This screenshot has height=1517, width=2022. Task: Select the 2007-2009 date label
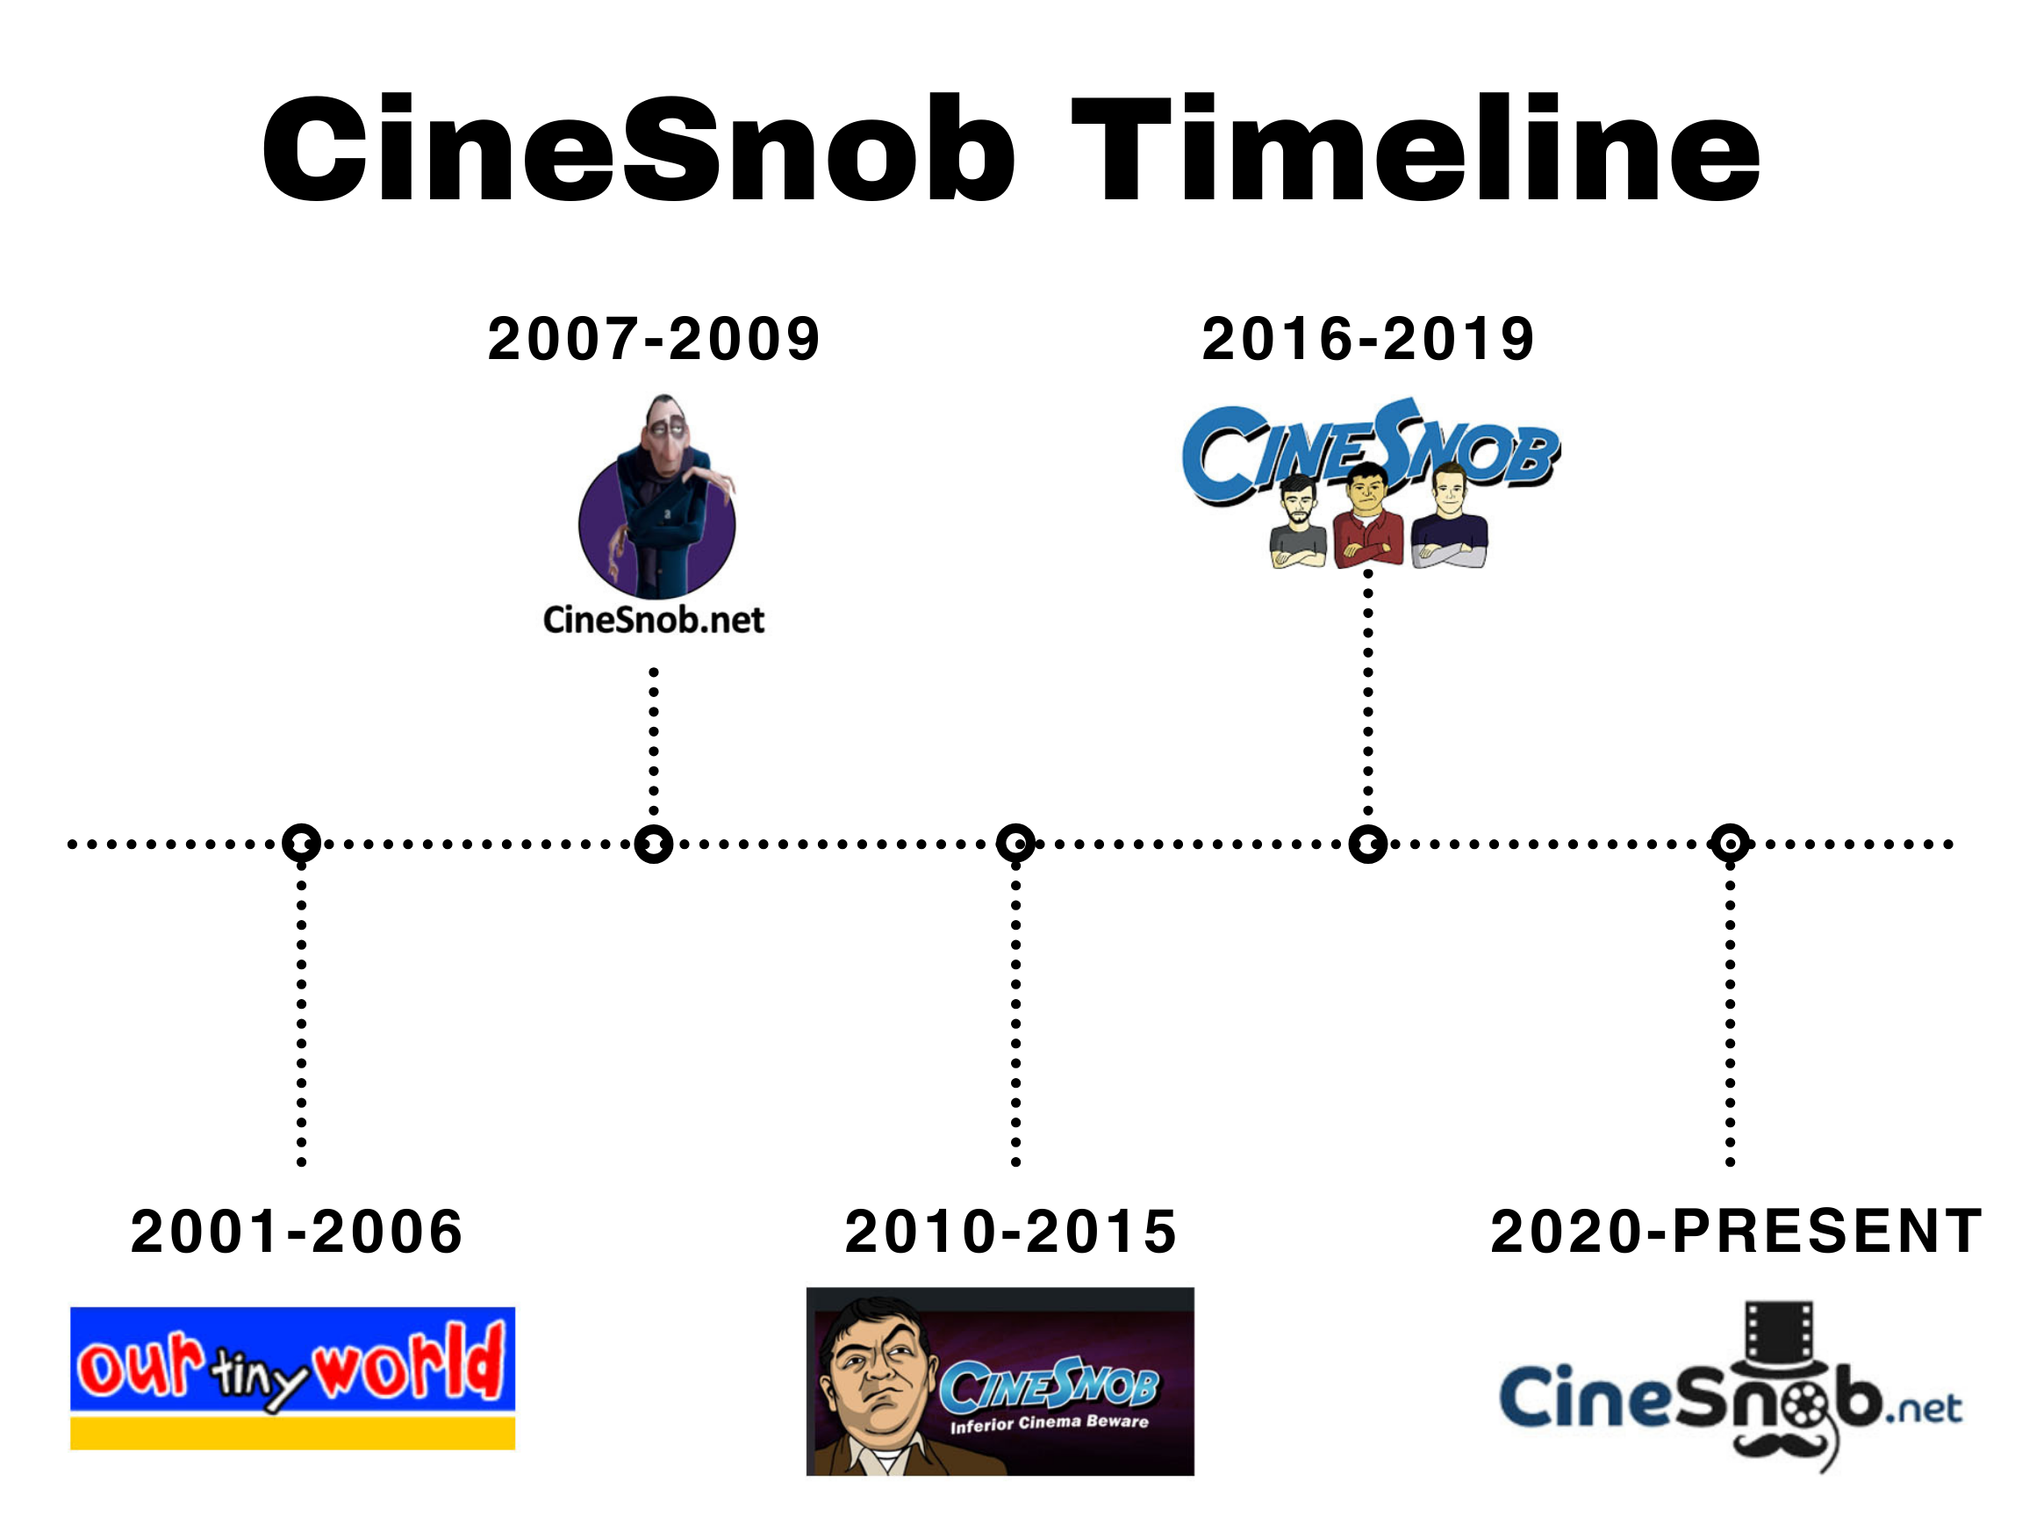(654, 338)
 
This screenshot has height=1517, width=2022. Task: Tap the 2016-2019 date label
(1367, 338)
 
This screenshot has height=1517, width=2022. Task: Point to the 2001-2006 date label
(298, 1231)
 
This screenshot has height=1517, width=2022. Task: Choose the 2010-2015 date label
(1011, 1231)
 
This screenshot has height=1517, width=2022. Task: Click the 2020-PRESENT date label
(1736, 1231)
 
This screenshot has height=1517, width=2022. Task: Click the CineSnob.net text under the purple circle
(654, 620)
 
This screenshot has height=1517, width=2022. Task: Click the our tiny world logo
(292, 1378)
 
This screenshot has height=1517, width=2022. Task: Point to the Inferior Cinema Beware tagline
(1050, 1423)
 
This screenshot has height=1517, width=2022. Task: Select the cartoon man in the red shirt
(1367, 515)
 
